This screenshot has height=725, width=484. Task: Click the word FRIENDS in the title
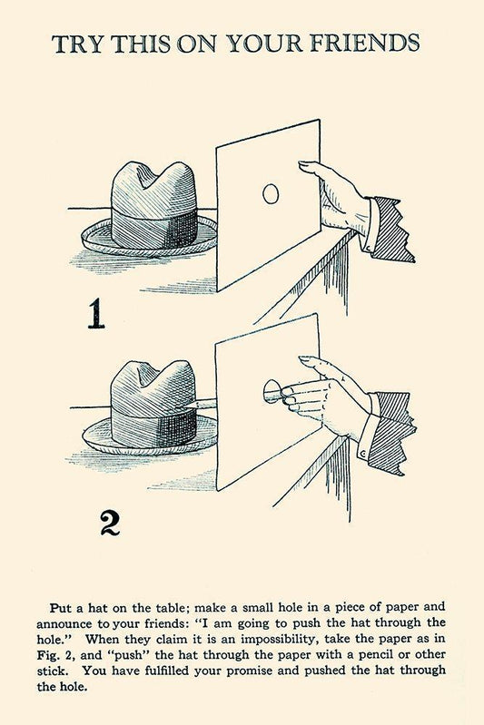[x=364, y=44]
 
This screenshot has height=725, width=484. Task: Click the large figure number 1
[x=95, y=313]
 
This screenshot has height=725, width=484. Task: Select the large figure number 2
[x=110, y=522]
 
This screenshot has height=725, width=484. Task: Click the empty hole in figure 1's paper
[x=271, y=193]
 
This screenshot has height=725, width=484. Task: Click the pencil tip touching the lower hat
[x=188, y=405]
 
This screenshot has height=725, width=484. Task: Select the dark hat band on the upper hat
[x=155, y=228]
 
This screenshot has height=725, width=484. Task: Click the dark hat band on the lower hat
[x=155, y=427]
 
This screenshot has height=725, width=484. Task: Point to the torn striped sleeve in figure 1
[x=391, y=228]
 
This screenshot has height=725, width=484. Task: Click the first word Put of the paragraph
[x=61, y=607]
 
